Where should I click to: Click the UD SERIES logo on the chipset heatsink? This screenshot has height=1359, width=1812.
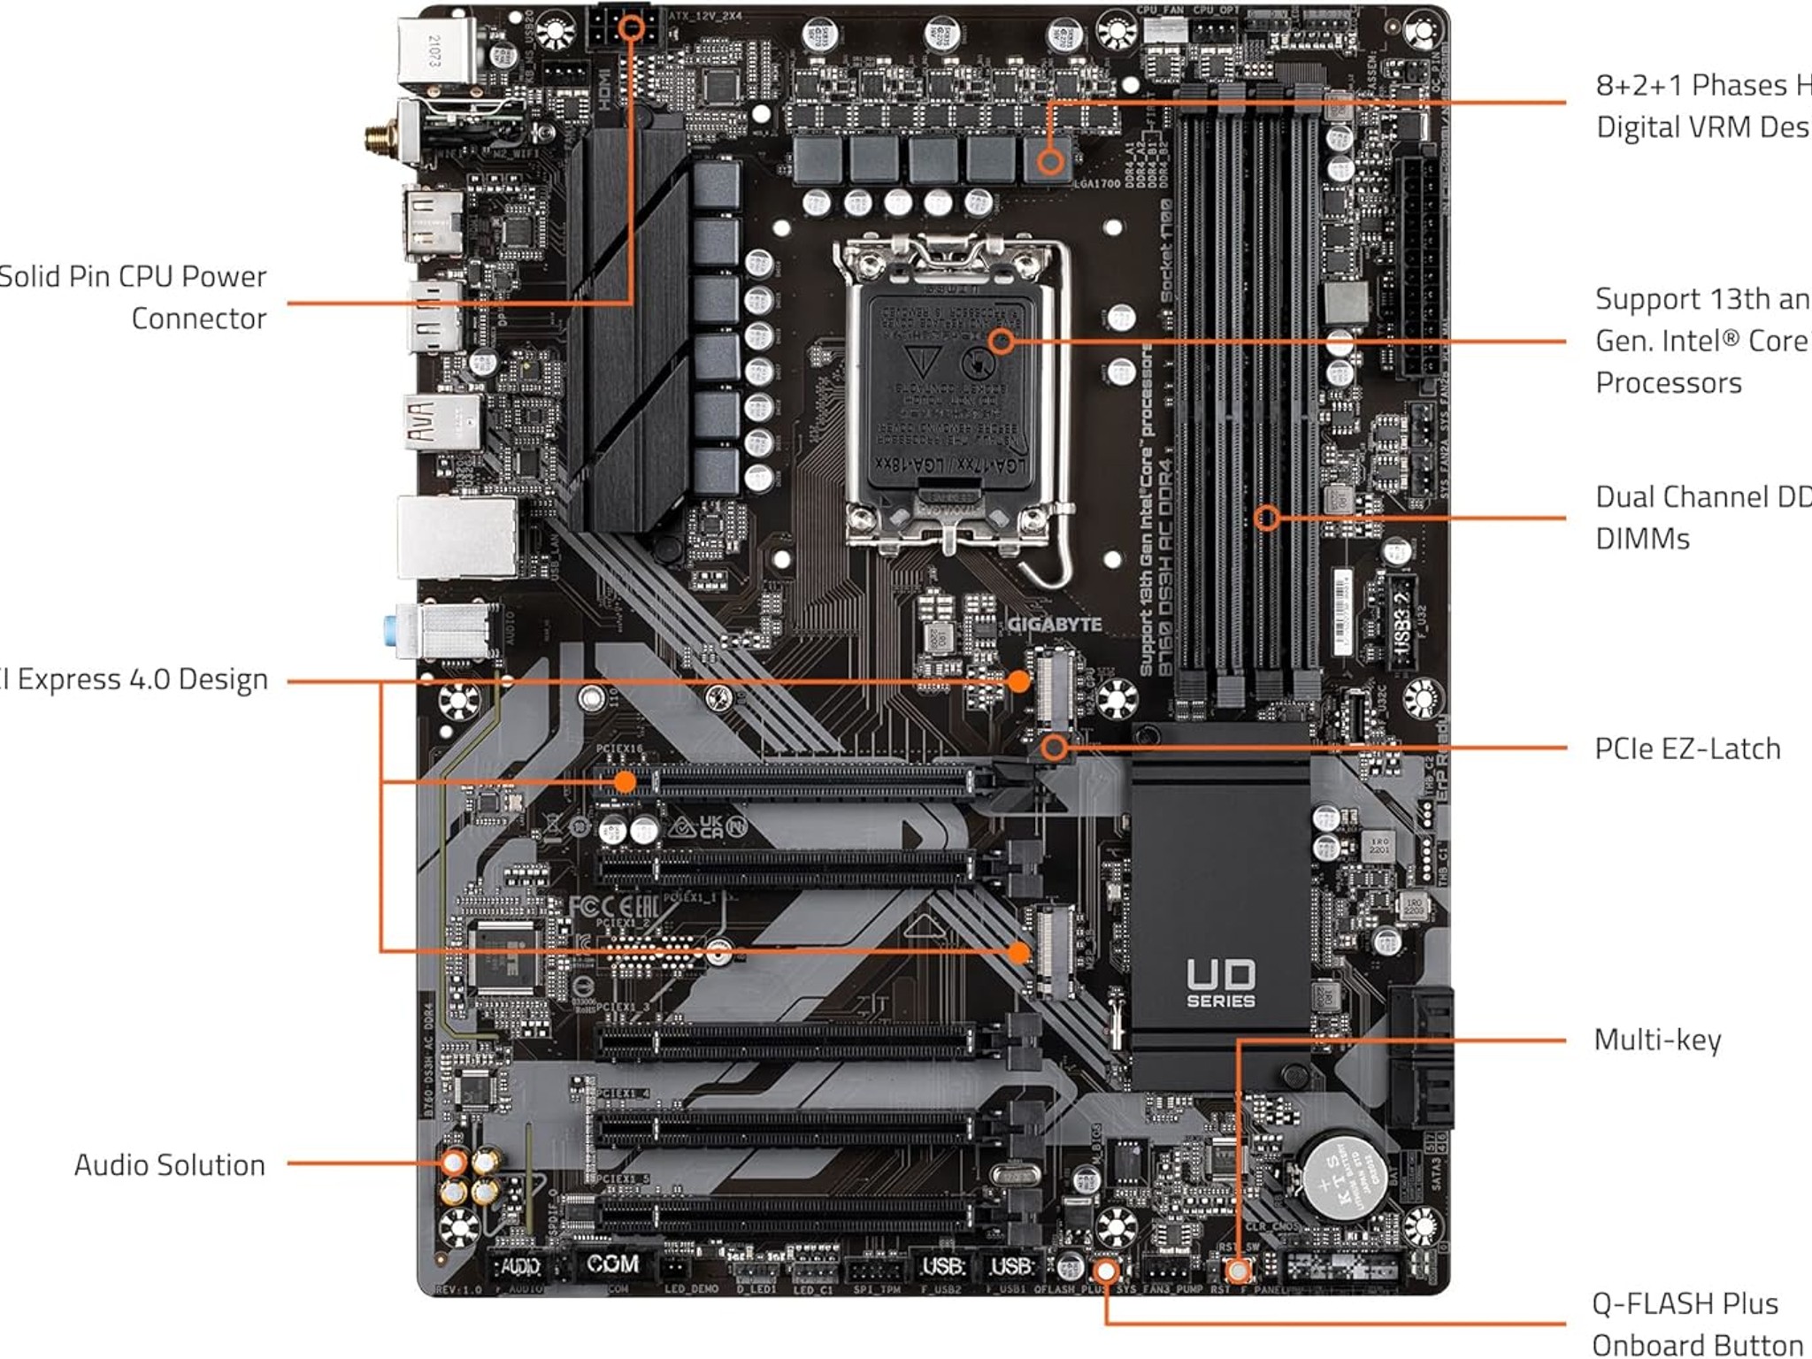click(x=1220, y=983)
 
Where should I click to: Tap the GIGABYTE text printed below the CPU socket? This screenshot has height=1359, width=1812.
click(x=1055, y=625)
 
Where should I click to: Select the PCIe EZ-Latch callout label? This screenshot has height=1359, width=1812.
click(x=1686, y=749)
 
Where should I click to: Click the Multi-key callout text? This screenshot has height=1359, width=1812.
click(x=1657, y=1040)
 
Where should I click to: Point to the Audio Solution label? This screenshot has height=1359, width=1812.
click(x=169, y=1165)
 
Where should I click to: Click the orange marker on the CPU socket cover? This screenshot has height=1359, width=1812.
click(x=1001, y=342)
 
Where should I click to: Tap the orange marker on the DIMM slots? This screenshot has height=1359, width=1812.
click(x=1267, y=518)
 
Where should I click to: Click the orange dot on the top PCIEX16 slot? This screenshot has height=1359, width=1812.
click(x=625, y=781)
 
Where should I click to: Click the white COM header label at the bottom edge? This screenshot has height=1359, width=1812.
click(x=612, y=1263)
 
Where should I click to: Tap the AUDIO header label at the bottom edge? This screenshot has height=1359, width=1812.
click(x=519, y=1267)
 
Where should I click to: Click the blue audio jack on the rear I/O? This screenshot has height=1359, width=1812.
click(x=391, y=631)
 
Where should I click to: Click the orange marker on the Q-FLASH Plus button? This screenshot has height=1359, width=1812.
click(x=1105, y=1272)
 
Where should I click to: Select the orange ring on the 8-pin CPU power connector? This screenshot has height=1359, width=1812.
click(x=632, y=27)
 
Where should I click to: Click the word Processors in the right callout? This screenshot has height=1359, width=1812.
click(x=1668, y=383)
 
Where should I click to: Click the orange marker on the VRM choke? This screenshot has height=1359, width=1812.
click(x=1050, y=162)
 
